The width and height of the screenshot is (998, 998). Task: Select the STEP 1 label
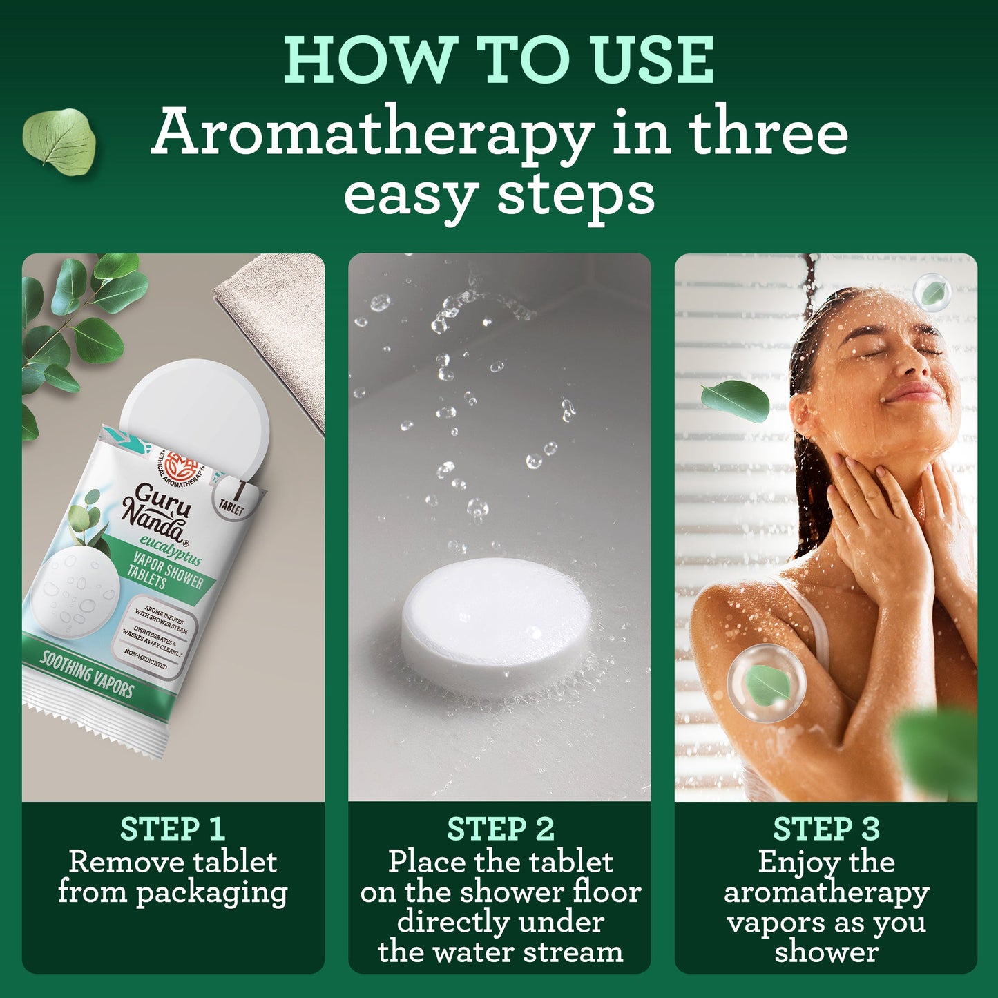click(x=172, y=829)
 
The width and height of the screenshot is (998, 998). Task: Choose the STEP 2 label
click(x=500, y=829)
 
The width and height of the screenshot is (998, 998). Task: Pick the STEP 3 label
click(x=826, y=829)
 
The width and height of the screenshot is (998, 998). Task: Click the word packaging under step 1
click(x=211, y=892)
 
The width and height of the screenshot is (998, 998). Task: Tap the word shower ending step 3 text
click(x=826, y=953)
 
